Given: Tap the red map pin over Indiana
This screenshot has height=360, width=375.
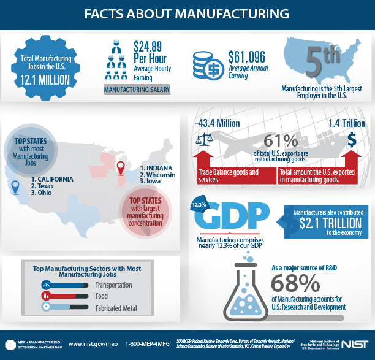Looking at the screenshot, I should point(121,167).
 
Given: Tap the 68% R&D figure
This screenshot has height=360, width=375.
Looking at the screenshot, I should point(295,283).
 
